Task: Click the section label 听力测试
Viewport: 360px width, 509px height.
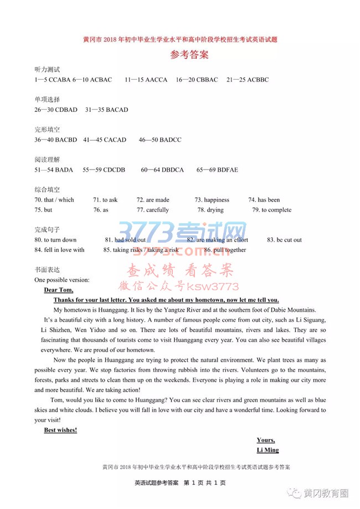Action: (47, 70)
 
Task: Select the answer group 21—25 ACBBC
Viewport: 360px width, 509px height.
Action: (248, 80)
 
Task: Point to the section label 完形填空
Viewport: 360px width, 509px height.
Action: (47, 130)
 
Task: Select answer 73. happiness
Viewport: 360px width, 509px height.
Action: (212, 200)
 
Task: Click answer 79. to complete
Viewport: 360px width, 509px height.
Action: (271, 210)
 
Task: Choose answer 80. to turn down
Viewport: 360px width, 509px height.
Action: (55, 240)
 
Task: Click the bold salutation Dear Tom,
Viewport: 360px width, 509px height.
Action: (58, 290)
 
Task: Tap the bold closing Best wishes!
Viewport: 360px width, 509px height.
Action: (60, 430)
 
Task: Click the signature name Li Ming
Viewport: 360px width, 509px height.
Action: (268, 450)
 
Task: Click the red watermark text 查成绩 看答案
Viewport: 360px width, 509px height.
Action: (180, 271)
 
